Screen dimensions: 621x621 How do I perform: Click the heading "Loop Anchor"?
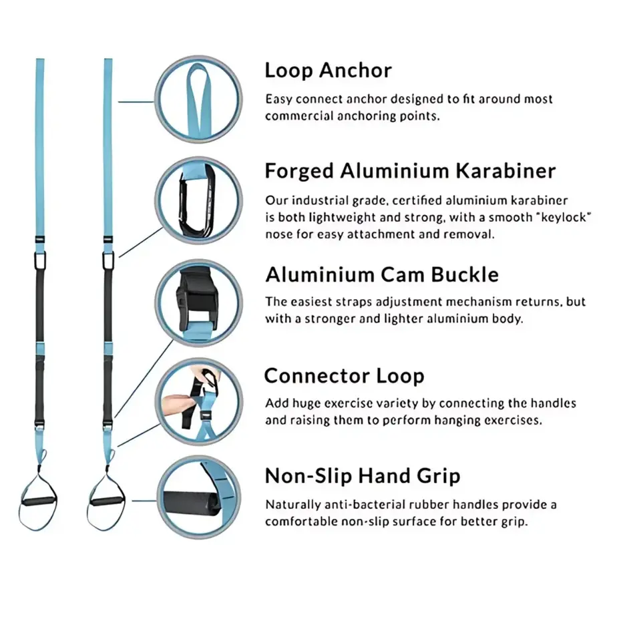[328, 70]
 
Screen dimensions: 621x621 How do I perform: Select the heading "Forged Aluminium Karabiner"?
[410, 171]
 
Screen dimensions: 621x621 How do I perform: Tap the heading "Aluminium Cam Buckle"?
[382, 274]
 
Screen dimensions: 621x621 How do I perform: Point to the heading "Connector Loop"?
[344, 375]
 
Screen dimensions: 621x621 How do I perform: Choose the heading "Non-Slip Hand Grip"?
[363, 476]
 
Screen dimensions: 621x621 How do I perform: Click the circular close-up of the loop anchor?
[198, 98]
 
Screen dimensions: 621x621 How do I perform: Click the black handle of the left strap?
[39, 500]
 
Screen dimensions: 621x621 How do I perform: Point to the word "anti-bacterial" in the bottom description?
[353, 505]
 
